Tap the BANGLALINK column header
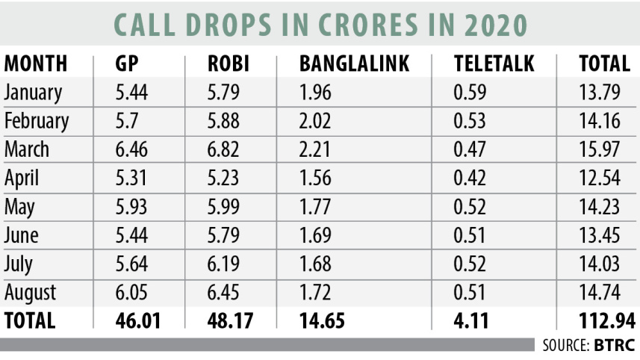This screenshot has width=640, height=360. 355,64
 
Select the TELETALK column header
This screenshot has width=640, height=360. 494,64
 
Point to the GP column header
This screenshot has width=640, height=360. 130,64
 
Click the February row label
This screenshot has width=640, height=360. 36,121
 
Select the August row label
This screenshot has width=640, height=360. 31,293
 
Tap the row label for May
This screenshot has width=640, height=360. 19,207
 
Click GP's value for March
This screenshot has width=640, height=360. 133,149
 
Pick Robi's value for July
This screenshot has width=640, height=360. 223,264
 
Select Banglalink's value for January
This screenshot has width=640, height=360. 314,93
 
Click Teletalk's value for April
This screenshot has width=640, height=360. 470,179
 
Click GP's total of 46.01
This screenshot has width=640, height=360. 139,321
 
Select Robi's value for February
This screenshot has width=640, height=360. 224,121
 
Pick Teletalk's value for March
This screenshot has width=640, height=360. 470,149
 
